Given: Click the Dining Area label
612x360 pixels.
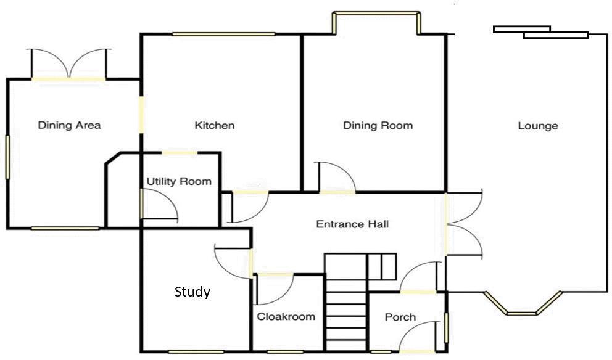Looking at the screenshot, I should tap(69, 126).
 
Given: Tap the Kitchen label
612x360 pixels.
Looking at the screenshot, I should tap(215, 126).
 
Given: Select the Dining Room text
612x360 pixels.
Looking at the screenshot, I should tap(378, 126).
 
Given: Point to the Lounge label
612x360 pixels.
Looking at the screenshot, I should tap(538, 126).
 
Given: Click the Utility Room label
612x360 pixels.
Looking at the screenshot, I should tap(179, 182).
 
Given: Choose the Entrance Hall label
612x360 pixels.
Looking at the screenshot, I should tap(352, 224).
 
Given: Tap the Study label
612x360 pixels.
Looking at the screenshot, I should tap(192, 292).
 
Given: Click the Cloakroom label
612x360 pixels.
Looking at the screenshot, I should tap(286, 317).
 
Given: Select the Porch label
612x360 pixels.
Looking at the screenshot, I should tap(400, 317).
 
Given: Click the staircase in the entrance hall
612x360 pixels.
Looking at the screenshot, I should tap(346, 302).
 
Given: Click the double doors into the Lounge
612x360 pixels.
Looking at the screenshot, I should tap(464, 223).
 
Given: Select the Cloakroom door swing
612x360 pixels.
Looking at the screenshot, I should tap(274, 289).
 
